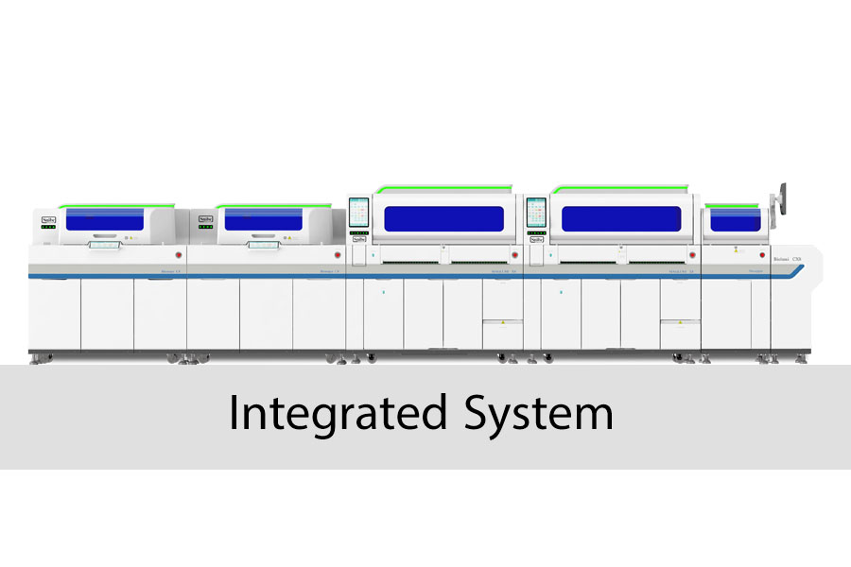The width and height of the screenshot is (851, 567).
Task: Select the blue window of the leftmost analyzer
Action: click(103, 219)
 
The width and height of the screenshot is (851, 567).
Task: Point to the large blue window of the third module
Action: click(443, 218)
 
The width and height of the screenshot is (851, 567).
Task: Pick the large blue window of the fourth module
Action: click(621, 218)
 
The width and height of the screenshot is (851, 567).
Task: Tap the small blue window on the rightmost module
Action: click(735, 219)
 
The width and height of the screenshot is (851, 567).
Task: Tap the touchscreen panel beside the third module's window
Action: click(359, 213)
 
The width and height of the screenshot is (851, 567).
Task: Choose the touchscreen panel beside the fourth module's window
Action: click(536, 213)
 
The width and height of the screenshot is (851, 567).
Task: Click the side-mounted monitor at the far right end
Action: click(781, 197)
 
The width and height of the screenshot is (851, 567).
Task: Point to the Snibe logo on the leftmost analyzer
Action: click(49, 218)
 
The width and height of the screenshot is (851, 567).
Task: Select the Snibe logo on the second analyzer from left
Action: click(206, 218)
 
